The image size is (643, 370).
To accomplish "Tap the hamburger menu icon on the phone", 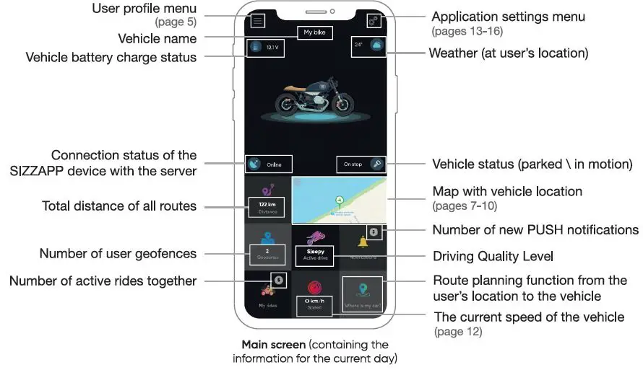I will coord(257,21).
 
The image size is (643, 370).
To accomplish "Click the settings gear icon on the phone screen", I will coord(374,21).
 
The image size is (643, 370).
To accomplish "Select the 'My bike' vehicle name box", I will coord(314,32).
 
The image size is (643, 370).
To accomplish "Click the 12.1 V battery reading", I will coord(271,47).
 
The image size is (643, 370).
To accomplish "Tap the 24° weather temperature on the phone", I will coord(358,45).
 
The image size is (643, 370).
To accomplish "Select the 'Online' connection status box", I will coord(269,164).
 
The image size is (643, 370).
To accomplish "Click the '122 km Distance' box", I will coord(267,207).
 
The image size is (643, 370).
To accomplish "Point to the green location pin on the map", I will coord(337,201).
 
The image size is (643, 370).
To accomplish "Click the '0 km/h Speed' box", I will coord(314,303).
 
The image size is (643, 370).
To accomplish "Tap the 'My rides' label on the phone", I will coord(268,305).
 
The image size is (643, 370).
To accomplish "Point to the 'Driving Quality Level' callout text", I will coord(494,256).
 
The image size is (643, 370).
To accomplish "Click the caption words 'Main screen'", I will coord(273,345).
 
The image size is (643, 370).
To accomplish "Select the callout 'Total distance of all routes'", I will coord(119,206).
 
